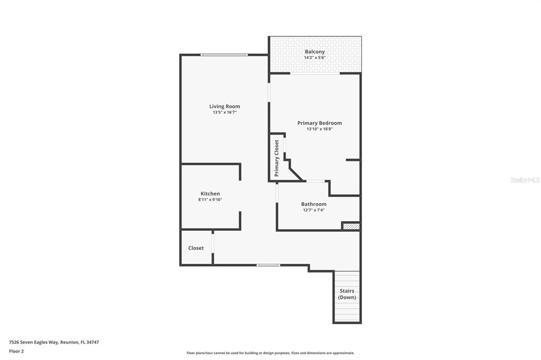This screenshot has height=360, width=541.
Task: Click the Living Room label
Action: pos(225,106)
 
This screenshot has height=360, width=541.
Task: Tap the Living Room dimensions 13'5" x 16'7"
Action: pos(225,112)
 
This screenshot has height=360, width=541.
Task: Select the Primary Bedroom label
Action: pos(320,123)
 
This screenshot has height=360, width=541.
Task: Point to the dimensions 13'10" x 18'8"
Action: pos(320,129)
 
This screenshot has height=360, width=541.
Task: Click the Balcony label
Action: pos(315,52)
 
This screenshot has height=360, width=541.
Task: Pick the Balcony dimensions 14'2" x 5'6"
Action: pos(315,58)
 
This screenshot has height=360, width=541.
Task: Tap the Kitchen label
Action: pos(210,194)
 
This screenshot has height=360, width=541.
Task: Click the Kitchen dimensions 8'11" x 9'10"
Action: pos(210,200)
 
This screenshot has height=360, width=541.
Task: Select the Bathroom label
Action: pos(314,204)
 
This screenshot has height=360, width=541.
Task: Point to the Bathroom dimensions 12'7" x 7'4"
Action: pos(314,210)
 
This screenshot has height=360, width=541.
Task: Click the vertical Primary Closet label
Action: pos(276,158)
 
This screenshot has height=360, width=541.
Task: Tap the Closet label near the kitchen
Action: pos(196,248)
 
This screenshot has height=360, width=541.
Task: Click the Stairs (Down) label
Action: pos(347,294)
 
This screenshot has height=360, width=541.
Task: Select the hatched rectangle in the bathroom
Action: pos(351,226)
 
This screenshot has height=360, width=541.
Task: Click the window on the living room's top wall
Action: pos(224,55)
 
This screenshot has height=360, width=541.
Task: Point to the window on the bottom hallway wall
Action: pos(268,265)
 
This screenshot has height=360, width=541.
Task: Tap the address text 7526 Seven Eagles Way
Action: pos(34,343)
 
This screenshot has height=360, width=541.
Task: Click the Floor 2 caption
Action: pos(16,352)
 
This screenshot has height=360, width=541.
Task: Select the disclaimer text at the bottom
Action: pos(270,353)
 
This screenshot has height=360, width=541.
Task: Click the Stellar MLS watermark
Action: pos(525,180)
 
